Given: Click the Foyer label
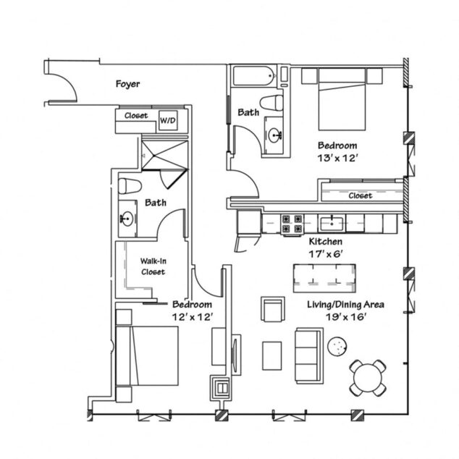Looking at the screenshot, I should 127,84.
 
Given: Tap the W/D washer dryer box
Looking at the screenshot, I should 167,117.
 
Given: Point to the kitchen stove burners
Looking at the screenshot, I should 292,224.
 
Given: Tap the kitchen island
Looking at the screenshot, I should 324,277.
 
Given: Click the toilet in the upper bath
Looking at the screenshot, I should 273,102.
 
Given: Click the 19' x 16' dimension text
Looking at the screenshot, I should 344,316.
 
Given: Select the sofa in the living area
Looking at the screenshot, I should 308,355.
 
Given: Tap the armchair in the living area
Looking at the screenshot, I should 273,309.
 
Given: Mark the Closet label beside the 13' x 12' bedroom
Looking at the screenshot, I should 360,195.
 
